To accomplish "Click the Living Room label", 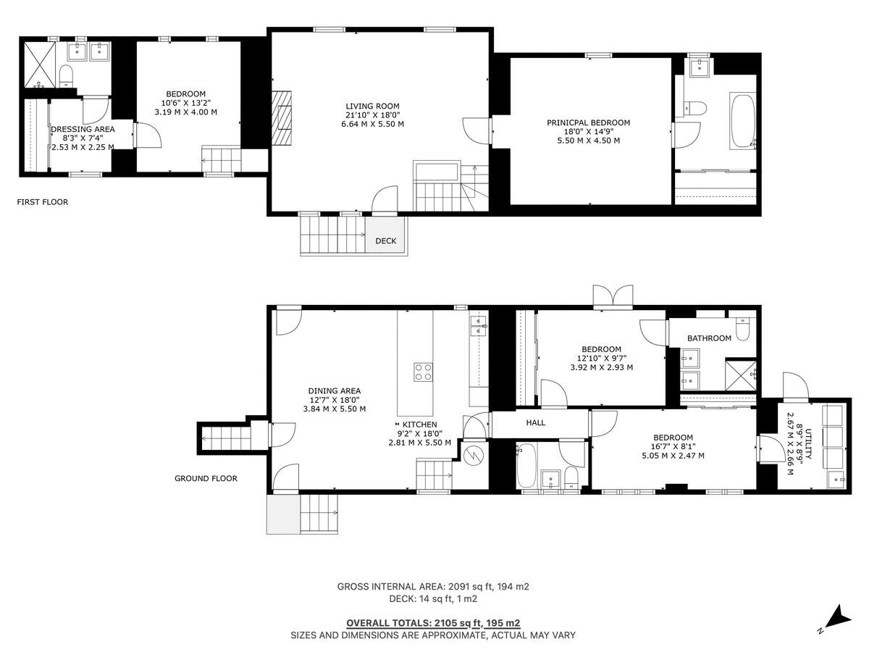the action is point(372,106).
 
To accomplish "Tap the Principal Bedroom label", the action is point(588,122).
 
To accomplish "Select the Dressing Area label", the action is point(83,129).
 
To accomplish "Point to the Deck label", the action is point(385,241).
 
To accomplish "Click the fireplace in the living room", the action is point(282,118).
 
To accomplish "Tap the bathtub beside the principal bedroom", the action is point(743,121).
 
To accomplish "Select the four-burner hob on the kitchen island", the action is point(423,372).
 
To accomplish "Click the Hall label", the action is point(535,423).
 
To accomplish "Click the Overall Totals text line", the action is point(433,623).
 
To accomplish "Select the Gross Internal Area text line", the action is point(433,586).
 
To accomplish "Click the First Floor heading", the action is point(42,202).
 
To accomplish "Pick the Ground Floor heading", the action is point(206,478).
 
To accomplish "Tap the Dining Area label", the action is point(335,390).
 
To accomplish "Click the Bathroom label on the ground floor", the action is point(709,338).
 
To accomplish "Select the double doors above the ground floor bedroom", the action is point(613,295).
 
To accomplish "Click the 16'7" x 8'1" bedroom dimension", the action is point(673,446).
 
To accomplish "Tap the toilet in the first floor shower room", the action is point(66,76).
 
